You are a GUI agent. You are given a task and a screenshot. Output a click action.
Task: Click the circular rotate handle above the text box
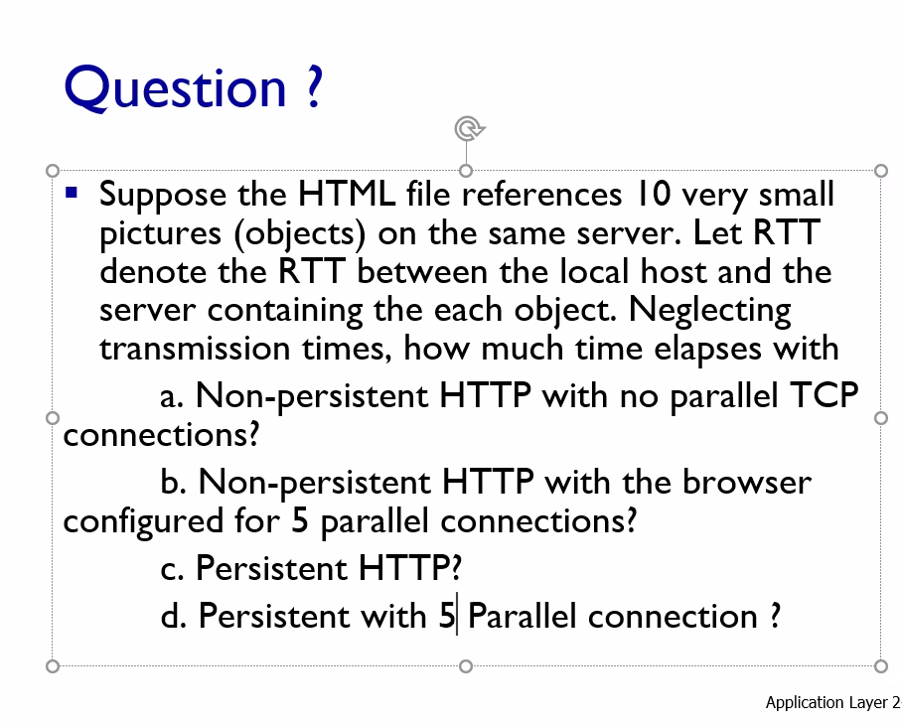[x=468, y=128]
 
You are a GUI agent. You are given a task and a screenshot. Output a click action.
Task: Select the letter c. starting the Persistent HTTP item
[x=173, y=569]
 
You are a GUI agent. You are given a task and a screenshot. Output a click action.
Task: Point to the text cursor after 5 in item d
[x=457, y=616]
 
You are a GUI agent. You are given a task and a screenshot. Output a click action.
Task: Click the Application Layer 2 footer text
[x=832, y=703]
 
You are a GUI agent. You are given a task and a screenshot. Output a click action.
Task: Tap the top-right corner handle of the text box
[x=880, y=171]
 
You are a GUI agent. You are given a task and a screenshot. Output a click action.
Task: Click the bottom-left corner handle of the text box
[x=53, y=664]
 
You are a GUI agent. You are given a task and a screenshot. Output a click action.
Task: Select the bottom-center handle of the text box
[x=466, y=664]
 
